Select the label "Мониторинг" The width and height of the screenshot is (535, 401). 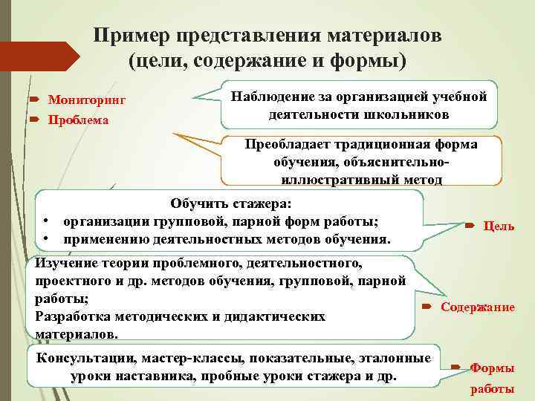point(87,100)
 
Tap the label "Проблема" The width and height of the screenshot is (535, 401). point(78,120)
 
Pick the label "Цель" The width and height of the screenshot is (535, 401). point(499,226)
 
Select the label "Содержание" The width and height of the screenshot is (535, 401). point(478,307)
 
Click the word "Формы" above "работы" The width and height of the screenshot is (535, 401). point(493,369)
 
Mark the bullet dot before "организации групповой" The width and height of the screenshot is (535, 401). point(46,222)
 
